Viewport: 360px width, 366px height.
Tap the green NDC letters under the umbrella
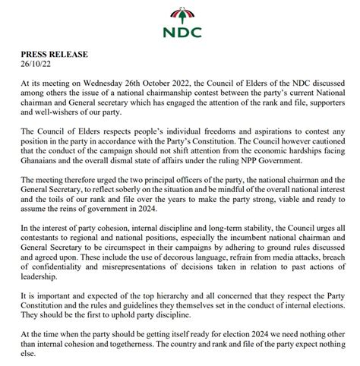point(180,35)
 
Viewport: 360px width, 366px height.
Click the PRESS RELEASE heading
point(53,55)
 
